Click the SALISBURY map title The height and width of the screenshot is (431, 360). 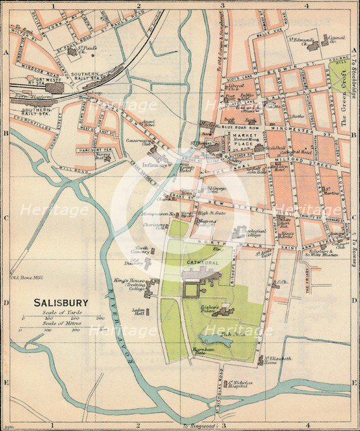pyautogui.click(x=65, y=303)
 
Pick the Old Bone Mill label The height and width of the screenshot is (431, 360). pyautogui.click(x=25, y=277)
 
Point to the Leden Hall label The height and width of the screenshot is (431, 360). pyautogui.click(x=139, y=312)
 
